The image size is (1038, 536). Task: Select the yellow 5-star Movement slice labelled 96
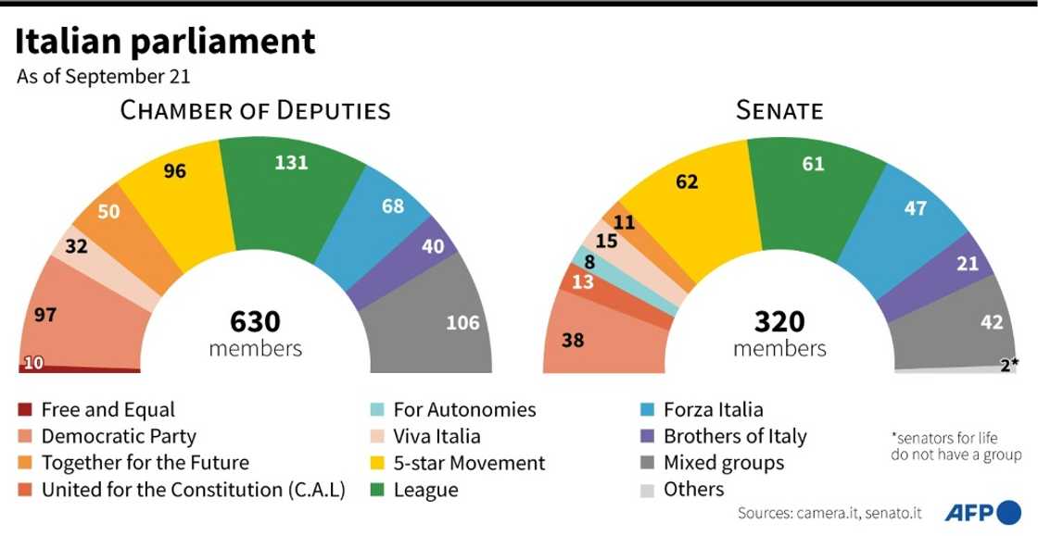coord(181,199)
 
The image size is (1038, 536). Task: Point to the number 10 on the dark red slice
coord(32,363)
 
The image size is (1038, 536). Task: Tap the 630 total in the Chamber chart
coord(255,322)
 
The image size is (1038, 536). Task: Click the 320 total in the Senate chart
coord(778,322)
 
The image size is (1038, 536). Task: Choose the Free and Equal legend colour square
coord(25,410)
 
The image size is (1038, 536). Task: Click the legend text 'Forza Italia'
coord(713,409)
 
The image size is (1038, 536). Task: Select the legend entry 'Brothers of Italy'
coord(734,436)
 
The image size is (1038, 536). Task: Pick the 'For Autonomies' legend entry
coord(464,409)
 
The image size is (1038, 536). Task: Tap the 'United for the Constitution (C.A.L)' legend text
coord(193,490)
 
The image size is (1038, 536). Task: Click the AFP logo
coord(982,512)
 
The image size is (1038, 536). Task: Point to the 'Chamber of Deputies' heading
coord(255,111)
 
